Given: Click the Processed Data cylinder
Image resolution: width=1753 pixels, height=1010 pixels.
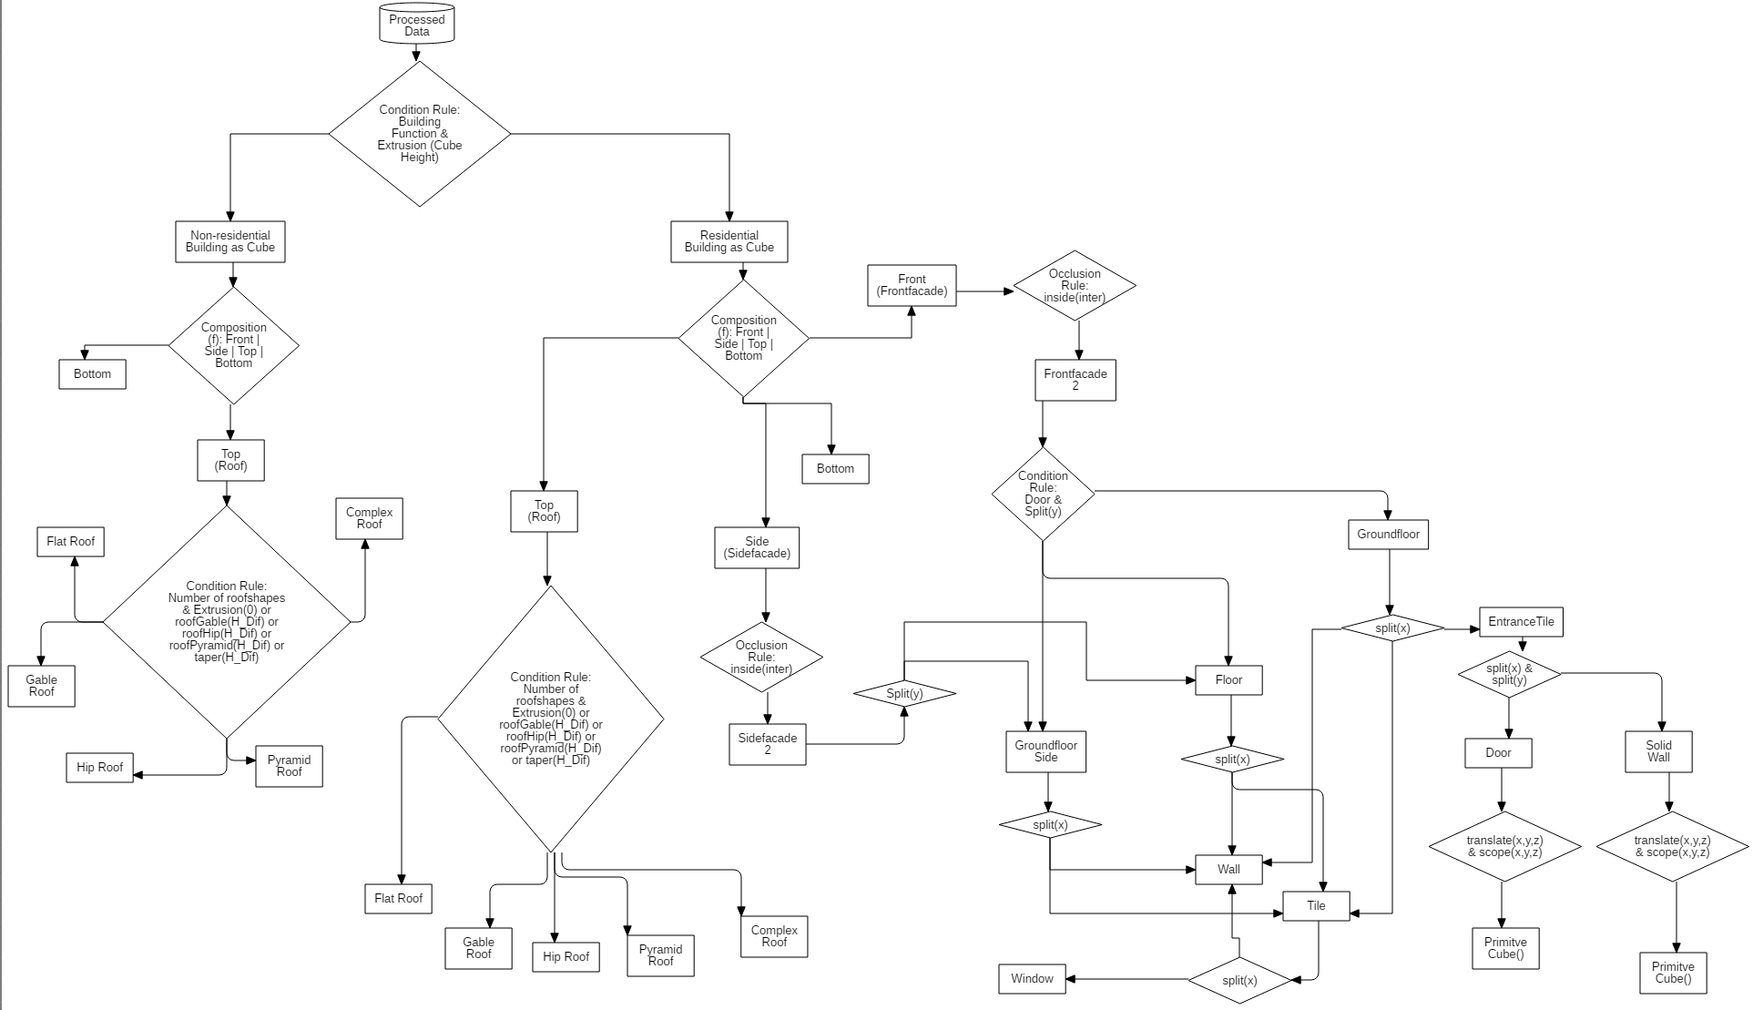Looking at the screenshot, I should [416, 25].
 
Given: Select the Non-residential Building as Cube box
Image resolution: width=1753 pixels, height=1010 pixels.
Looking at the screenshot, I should [229, 241].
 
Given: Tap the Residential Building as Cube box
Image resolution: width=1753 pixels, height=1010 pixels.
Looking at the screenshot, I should [729, 241].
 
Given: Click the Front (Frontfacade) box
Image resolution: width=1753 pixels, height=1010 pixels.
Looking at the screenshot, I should [911, 285].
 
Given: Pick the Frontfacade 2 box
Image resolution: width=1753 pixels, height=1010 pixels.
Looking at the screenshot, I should [1075, 380].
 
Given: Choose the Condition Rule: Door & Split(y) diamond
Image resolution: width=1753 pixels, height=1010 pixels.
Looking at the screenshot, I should [1043, 494].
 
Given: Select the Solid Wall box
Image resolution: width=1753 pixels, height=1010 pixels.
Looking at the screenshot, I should [1658, 751].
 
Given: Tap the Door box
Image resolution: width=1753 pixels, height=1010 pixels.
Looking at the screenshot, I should [1498, 752].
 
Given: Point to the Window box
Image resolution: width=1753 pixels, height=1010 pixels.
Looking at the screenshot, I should [1032, 978].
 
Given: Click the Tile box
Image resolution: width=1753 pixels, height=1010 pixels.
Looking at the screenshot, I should [1316, 905].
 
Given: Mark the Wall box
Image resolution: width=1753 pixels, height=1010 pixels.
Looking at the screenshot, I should [1228, 869].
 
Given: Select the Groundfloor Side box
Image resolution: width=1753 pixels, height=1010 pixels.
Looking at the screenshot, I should [1045, 751].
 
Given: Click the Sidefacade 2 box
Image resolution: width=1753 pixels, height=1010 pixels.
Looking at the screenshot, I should [767, 744].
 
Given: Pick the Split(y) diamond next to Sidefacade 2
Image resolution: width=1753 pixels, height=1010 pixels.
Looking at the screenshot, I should [904, 694].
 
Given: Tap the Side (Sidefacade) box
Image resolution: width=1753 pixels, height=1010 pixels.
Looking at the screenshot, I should [757, 547].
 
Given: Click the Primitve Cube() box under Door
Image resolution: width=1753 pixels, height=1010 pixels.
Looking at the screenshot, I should [1504, 948].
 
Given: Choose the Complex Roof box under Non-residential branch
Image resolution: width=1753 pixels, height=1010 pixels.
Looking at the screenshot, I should [369, 518].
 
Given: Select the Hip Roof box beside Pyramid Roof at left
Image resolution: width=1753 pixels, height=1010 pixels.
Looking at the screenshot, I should [99, 767].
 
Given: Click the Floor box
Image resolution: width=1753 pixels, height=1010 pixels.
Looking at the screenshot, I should [1228, 679].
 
